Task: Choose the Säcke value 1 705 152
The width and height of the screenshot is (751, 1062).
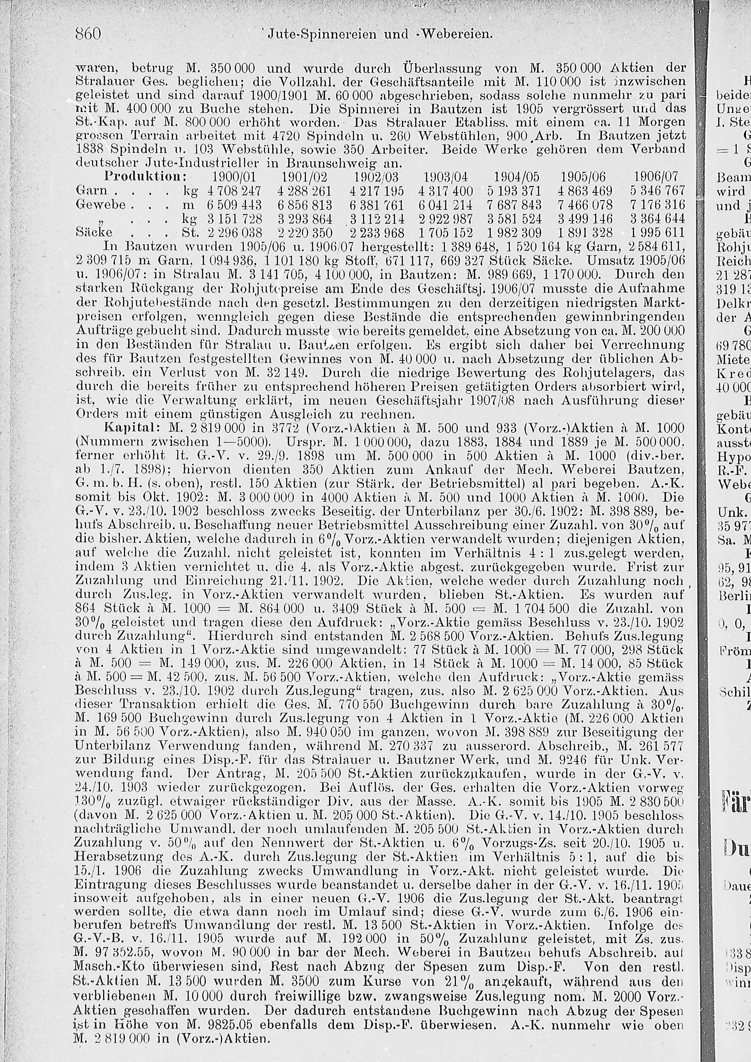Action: pos(445,232)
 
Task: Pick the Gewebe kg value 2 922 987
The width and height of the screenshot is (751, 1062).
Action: pos(445,218)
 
